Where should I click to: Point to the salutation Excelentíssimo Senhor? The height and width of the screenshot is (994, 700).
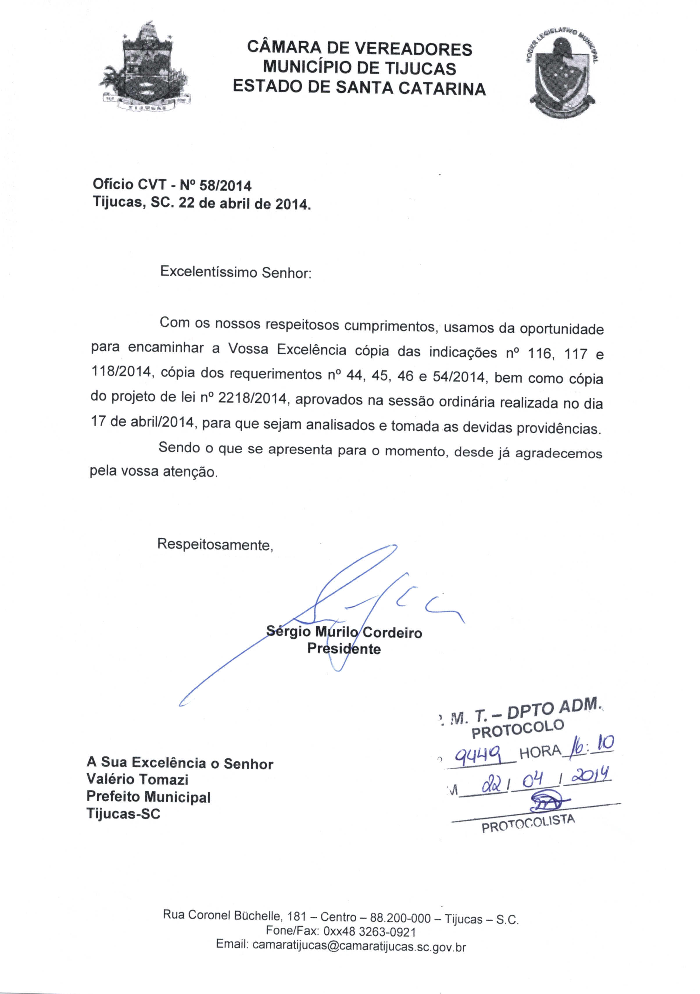(x=236, y=272)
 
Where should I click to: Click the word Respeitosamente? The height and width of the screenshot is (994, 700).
(x=215, y=544)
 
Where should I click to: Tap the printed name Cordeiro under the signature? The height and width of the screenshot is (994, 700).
(x=392, y=633)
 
